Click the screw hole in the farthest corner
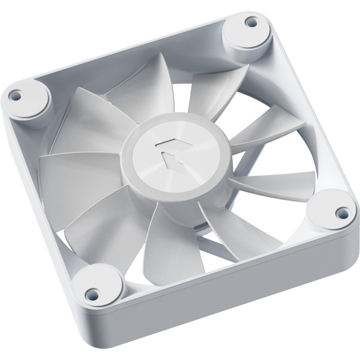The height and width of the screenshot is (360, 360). [x=251, y=22]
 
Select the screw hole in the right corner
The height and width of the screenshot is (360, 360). [x=342, y=212]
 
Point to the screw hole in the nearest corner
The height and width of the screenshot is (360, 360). [x=92, y=293]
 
